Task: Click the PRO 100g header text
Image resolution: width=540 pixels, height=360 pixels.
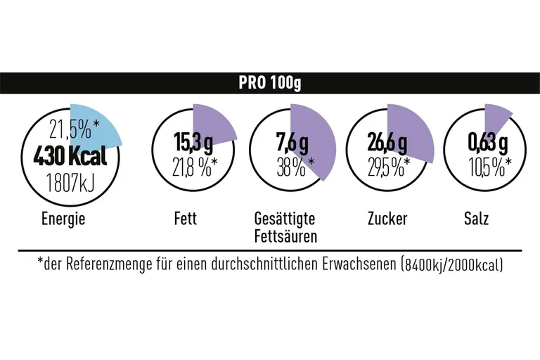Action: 269,83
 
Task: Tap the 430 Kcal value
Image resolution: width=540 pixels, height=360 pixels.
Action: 70,156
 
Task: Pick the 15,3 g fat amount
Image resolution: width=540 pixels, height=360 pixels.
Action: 193,143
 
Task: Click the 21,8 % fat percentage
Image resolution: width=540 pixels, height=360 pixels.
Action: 194,167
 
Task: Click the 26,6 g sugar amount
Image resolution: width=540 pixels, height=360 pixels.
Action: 387,143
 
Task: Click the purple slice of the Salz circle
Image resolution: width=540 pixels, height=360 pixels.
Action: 496,116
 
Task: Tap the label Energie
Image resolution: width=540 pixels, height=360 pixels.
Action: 63,219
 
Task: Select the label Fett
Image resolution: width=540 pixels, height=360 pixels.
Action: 186,219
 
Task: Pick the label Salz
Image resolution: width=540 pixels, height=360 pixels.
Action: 477,219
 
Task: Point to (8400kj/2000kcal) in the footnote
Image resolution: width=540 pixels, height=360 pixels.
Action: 451,265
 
